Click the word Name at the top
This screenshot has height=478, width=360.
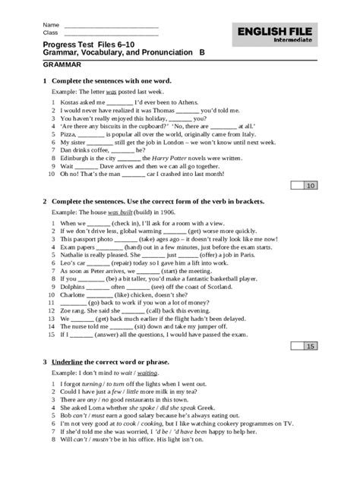coord(51,24)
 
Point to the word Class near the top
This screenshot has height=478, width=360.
coord(51,33)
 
